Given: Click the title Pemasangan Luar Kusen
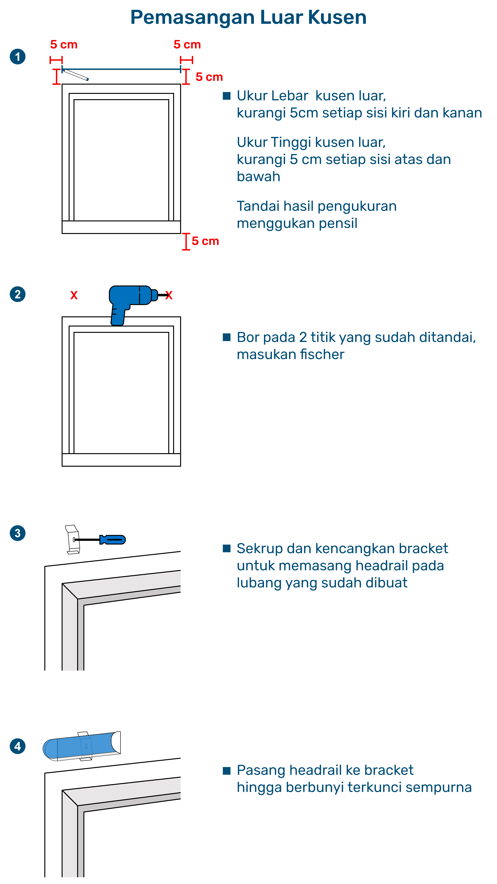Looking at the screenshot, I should (x=248, y=17).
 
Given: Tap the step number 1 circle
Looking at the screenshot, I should (x=17, y=57).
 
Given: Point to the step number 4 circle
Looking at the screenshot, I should (x=17, y=746).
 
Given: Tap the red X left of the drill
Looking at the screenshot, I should (x=74, y=295).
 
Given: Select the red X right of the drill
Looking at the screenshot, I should (x=169, y=295).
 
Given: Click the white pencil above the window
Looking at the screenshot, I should (x=75, y=75).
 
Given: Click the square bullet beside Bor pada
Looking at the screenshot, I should (x=226, y=337).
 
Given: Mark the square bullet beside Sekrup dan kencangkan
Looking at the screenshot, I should (x=226, y=548).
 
